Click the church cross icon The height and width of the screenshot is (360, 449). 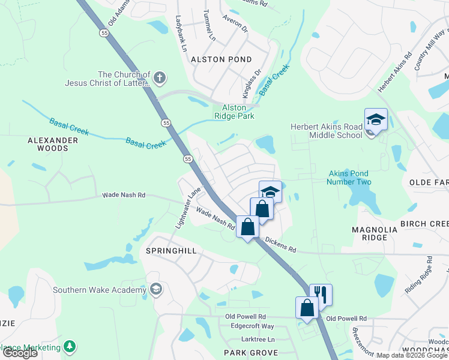coord(159,77)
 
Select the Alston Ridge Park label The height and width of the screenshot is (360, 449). coord(235,112)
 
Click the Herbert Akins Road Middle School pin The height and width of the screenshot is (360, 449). coord(376,121)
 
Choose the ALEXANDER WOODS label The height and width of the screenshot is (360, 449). coord(53,144)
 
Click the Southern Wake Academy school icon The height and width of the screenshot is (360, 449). coord(156,290)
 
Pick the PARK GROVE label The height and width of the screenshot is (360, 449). coord(250,353)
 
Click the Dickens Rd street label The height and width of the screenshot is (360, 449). coord(280,244)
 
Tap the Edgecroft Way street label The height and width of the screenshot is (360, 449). coord(253,326)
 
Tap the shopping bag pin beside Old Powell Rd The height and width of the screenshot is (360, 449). coord(306,308)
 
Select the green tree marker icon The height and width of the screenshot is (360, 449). coord(70,347)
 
